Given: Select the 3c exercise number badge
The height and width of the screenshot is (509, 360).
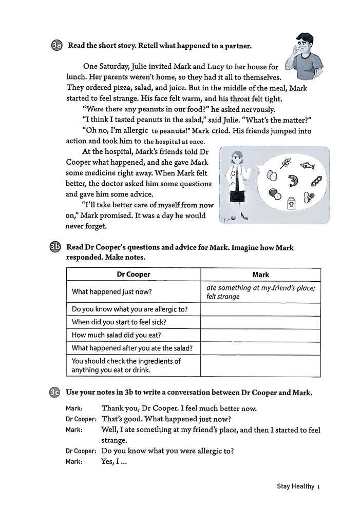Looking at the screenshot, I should pyautogui.click(x=55, y=393).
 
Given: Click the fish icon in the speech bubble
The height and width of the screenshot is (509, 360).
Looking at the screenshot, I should pyautogui.click(x=307, y=166).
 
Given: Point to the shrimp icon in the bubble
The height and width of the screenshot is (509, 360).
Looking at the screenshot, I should pyautogui.click(x=294, y=181).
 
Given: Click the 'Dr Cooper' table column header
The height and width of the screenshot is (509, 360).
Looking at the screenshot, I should pyautogui.click(x=134, y=275).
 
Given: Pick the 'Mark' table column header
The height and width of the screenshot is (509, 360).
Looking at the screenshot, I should pyautogui.click(x=260, y=275).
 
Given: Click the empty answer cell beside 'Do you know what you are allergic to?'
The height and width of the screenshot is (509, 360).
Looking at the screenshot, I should pyautogui.click(x=260, y=309).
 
